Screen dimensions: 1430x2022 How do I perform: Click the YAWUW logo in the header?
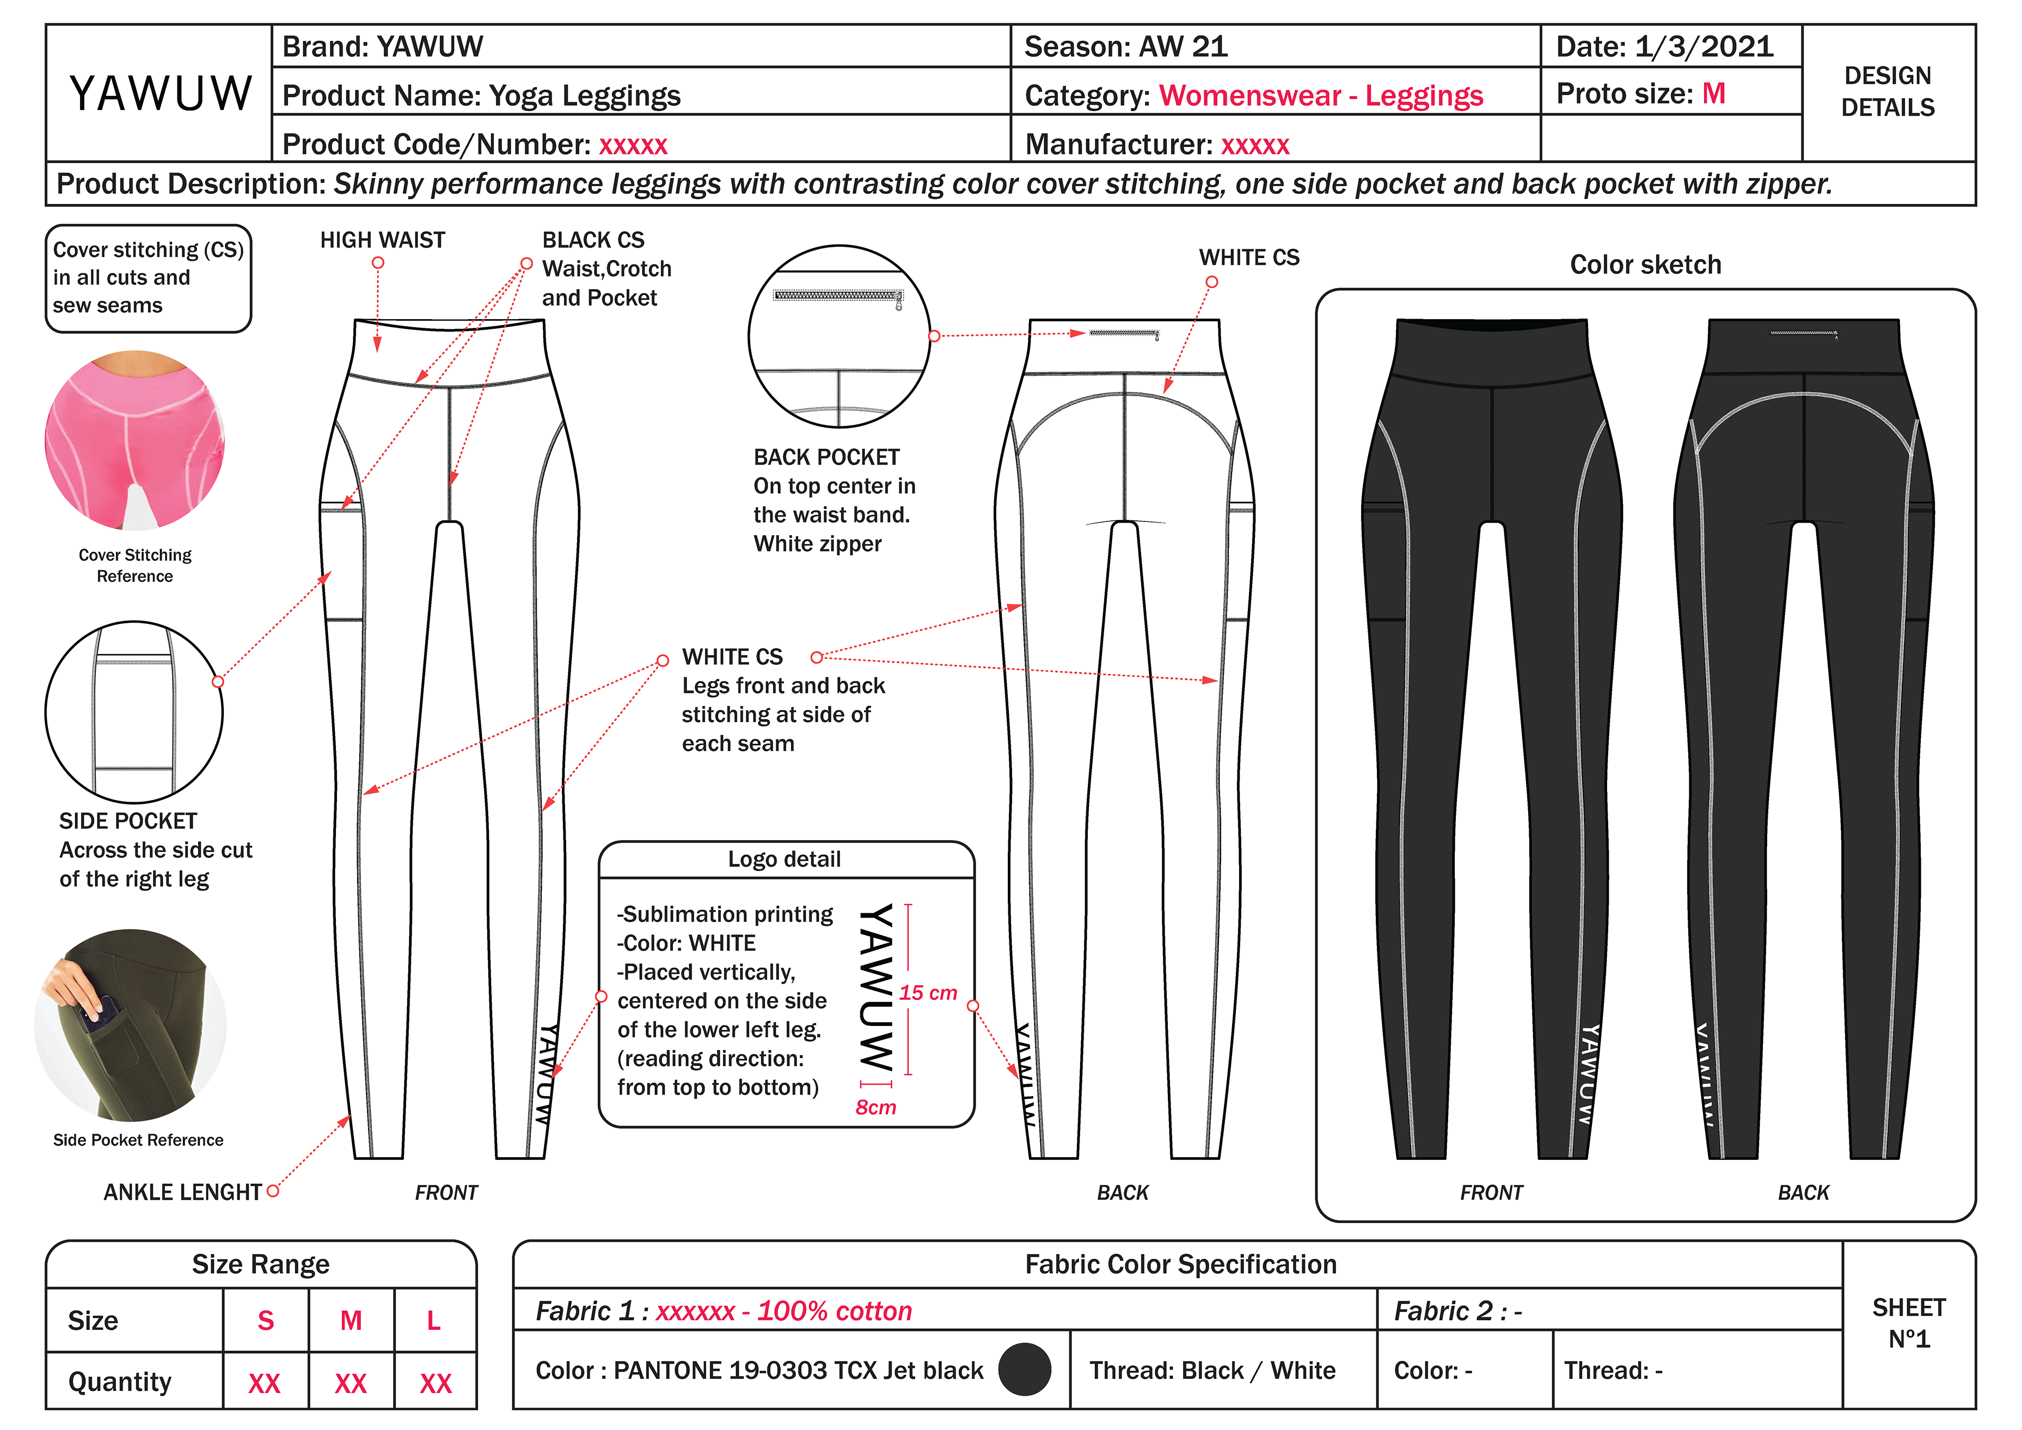[160, 93]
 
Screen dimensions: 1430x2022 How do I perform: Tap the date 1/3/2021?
[1703, 47]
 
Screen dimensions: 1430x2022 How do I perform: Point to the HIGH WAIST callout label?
[382, 240]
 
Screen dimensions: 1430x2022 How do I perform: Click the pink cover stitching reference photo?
[135, 440]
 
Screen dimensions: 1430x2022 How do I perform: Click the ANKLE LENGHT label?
[182, 1192]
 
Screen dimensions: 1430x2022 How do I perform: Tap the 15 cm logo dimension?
[927, 993]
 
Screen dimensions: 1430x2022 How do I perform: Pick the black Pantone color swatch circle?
[1024, 1369]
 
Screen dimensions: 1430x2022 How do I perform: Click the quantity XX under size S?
[264, 1383]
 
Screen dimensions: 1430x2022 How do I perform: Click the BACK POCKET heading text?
[826, 457]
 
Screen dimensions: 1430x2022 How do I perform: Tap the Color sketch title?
[1645, 264]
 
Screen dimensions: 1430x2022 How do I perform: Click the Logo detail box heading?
[784, 859]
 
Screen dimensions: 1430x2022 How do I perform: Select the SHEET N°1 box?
[1908, 1324]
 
